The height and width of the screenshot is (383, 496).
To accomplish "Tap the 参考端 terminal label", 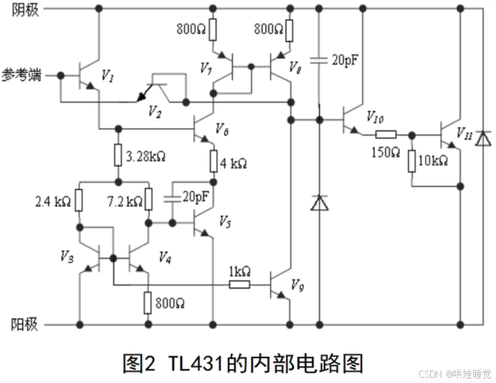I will [22, 75].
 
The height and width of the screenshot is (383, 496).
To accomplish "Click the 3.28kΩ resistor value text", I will [146, 157].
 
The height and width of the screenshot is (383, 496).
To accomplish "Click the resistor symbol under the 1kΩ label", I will [239, 284].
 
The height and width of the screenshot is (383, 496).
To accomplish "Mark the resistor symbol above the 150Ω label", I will [385, 135].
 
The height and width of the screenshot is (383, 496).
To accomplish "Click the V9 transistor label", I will [297, 285].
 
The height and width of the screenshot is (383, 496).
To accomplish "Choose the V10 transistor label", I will [375, 118].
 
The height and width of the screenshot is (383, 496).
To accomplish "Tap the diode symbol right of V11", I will [482, 139].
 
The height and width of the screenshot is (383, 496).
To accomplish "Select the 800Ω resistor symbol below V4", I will [149, 303].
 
